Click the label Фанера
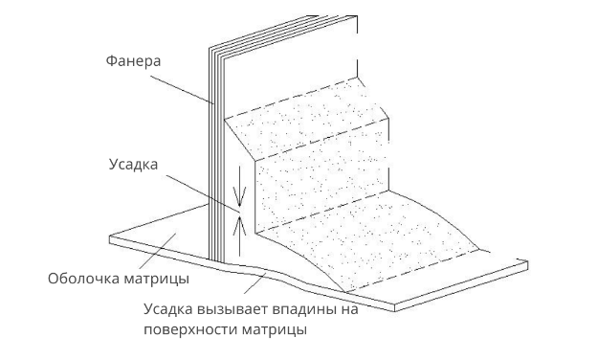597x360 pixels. click(133, 61)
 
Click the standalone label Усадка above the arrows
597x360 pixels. click(133, 165)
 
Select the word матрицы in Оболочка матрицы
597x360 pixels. click(157, 279)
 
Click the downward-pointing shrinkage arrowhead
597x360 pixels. click(239, 197)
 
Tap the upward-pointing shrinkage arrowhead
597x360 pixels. click(239, 225)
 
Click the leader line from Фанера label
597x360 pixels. click(181, 89)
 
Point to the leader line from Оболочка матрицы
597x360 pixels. click(159, 251)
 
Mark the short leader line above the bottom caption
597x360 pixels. click(255, 283)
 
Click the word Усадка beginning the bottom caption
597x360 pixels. click(168, 309)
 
